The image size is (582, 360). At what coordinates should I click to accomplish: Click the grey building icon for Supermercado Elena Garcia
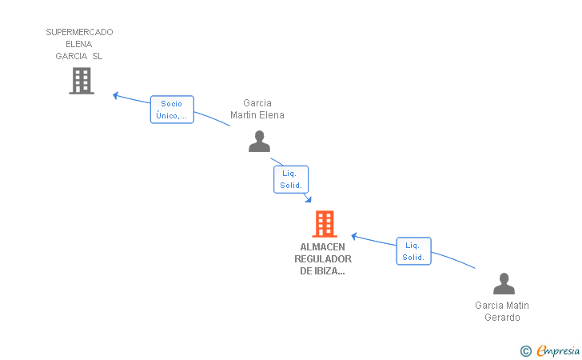[x=82, y=81]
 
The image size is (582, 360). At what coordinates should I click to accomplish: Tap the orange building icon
[x=325, y=224]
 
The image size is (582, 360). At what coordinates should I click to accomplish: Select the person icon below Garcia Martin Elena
[x=259, y=141]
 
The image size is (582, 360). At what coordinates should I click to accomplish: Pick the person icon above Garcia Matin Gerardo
[x=504, y=283]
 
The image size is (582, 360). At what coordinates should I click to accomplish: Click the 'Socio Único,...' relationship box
[x=172, y=110]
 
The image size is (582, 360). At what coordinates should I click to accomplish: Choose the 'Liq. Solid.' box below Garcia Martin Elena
[x=291, y=179]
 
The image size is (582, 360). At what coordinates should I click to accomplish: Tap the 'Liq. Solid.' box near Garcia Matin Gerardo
[x=413, y=251]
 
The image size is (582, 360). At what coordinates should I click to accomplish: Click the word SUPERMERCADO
[x=79, y=32]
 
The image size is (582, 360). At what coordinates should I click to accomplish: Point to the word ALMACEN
[x=322, y=247]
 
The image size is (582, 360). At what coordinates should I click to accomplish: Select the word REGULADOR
[x=323, y=259]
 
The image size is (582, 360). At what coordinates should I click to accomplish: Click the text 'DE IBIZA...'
[x=322, y=271]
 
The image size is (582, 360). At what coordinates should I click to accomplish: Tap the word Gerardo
[x=502, y=318]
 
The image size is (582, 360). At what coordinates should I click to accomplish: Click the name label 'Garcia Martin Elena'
[x=257, y=109]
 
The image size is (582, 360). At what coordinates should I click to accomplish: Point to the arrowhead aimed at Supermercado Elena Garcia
[x=115, y=95]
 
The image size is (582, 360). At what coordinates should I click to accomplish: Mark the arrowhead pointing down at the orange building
[x=309, y=199]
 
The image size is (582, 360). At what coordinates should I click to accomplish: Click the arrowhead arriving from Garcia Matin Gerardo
[x=354, y=236]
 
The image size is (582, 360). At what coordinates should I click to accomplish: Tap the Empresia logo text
[x=558, y=350]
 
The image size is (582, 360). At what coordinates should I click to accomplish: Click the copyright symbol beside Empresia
[x=526, y=351]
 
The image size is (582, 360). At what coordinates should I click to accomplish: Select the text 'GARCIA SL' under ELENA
[x=78, y=56]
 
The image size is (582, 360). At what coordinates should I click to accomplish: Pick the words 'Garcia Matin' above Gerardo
[x=502, y=306]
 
